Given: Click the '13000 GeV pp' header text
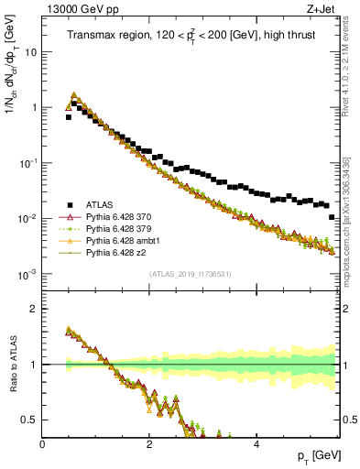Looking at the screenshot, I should coord(81,11).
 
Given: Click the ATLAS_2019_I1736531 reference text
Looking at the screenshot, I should coord(191,273).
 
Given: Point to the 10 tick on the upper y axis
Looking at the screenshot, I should coord(31,52).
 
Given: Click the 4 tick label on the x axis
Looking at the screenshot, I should coord(256,445).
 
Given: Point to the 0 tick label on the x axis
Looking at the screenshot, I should coord(43,445).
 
